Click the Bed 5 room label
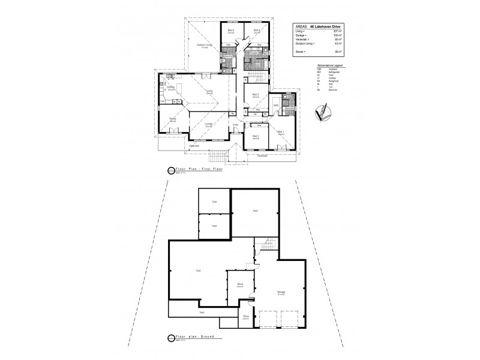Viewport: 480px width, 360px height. click(x=230, y=30)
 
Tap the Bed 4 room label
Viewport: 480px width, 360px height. click(x=256, y=30)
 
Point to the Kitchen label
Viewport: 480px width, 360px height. click(x=171, y=87)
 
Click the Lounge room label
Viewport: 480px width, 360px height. click(x=209, y=124)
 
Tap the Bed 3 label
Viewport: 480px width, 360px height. click(x=256, y=94)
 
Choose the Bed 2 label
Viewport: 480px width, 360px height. click(x=256, y=136)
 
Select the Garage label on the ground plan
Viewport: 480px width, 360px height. click(x=281, y=292)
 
